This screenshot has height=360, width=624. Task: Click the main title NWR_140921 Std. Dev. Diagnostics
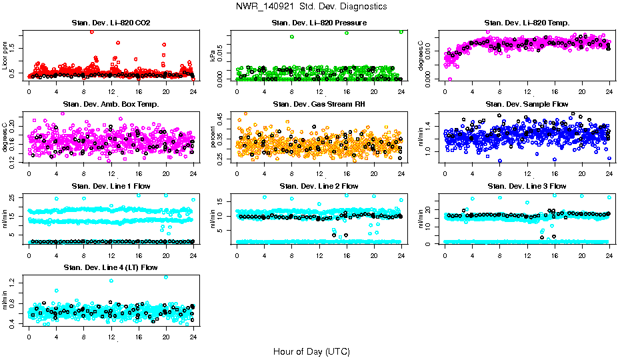pyautogui.click(x=311, y=6)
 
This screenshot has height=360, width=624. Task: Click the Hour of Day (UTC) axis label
pyautogui.click(x=311, y=351)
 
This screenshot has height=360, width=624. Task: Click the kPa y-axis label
pyautogui.click(x=213, y=56)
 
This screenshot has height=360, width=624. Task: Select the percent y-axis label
pyautogui.click(x=213, y=137)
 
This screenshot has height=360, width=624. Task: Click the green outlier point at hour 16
pyautogui.click(x=347, y=33)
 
